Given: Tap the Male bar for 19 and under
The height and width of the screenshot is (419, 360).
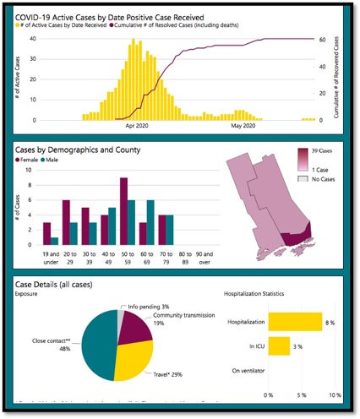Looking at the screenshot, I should click(x=55, y=241).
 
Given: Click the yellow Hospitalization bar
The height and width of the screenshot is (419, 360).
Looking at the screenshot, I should click(x=295, y=322).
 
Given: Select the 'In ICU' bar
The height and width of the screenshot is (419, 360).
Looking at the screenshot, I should click(x=279, y=346).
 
